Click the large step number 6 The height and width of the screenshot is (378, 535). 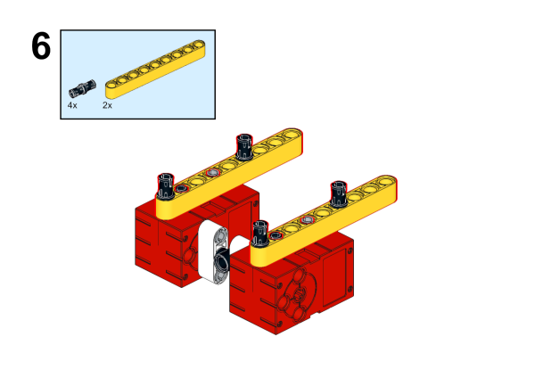[41, 46]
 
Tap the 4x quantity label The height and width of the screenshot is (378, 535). [72, 105]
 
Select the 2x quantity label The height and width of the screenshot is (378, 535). [107, 105]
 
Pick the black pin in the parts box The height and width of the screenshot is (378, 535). [82, 88]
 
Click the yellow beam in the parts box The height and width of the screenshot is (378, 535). [155, 70]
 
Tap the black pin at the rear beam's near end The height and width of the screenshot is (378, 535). [166, 185]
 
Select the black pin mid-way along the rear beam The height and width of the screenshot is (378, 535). [244, 146]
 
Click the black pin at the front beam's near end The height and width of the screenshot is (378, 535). [260, 233]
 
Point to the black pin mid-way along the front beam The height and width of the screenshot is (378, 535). [339, 194]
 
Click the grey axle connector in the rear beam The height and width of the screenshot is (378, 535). [212, 173]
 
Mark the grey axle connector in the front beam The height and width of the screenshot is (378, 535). [307, 220]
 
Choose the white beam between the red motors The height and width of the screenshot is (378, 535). [215, 253]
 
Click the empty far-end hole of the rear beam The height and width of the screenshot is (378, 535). [291, 134]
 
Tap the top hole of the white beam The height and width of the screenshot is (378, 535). [221, 235]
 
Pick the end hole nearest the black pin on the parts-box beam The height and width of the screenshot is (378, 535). [113, 85]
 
